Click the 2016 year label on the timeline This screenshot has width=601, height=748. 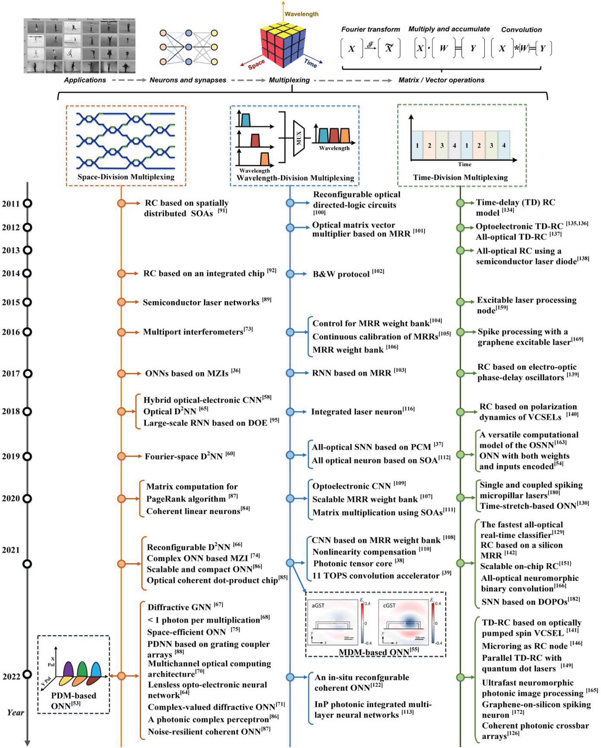coord(11,332)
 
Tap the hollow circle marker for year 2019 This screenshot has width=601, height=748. coord(27,456)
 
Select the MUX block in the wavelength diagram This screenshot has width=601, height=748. coord(299,138)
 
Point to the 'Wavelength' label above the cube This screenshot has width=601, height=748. coord(301,14)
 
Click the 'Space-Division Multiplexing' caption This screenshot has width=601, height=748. coord(126,177)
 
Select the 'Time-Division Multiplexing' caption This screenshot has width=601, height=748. coord(460,178)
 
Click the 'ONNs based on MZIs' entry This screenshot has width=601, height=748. coord(187,374)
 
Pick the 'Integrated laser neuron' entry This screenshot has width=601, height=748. coord(357,412)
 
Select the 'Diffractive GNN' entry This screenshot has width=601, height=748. coord(179,607)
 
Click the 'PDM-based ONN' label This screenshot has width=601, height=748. coord(74,701)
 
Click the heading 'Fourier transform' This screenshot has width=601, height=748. coord(370,29)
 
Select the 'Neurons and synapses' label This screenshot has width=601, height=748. coord(188,80)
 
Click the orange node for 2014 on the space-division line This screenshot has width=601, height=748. coord(121,273)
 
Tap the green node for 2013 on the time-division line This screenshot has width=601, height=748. coord(460,251)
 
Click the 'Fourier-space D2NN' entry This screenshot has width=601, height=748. coord(184,457)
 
